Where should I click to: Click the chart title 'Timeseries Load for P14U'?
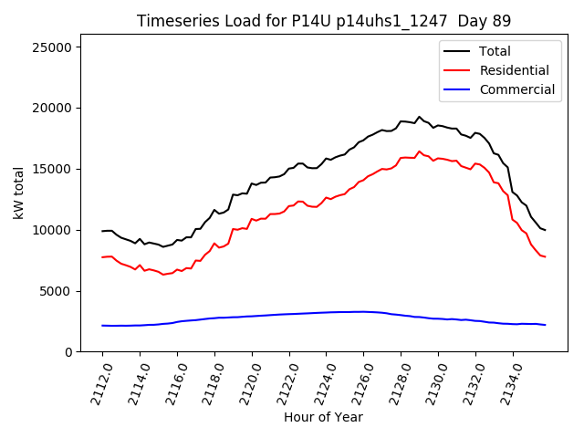[324, 21]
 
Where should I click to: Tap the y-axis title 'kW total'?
[18, 193]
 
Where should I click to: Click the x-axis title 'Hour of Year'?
[323, 417]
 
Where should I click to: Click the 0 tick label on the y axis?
[73, 352]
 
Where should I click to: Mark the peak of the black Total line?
[420, 117]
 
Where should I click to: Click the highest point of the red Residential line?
[420, 151]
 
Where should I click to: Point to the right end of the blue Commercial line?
[546, 325]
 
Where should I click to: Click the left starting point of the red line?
[102, 257]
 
